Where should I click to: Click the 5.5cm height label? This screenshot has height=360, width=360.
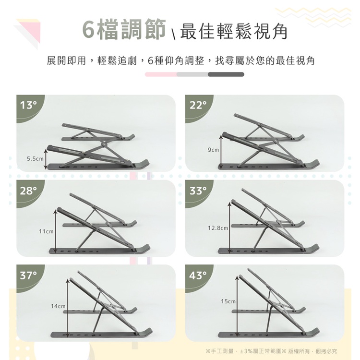tap(35, 159)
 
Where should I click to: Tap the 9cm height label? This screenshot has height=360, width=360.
tap(213, 150)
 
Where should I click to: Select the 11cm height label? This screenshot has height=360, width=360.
tap(46, 231)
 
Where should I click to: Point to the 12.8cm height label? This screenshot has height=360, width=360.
tap(218, 228)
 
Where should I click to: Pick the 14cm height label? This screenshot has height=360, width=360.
tap(58, 306)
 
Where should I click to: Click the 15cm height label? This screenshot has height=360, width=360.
tap(228, 301)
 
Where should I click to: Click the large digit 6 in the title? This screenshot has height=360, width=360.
tap(88, 30)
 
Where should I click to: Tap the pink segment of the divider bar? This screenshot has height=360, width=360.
tap(161, 74)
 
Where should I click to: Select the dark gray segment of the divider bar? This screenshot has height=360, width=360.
tap(226, 74)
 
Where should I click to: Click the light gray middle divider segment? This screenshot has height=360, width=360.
tap(192, 74)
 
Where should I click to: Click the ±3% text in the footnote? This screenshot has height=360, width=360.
tap(246, 351)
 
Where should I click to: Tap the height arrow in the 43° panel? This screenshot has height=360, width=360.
tap(237, 306)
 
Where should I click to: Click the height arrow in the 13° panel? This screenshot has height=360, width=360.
tap(46, 159)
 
